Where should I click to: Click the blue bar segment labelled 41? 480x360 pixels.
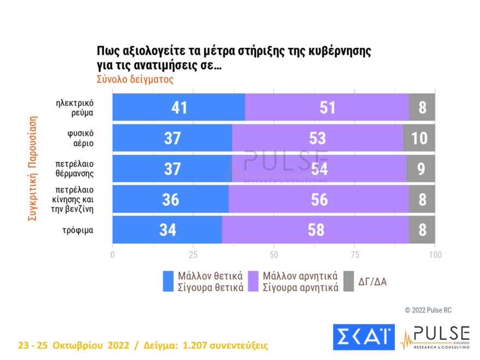(x=178, y=107)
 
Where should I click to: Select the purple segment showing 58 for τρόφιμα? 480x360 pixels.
(x=315, y=230)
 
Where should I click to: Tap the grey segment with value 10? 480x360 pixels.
(x=419, y=138)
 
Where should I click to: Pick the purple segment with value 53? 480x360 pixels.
(x=317, y=138)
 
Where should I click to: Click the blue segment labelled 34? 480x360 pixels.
(x=167, y=230)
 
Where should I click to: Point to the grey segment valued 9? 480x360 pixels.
(x=421, y=169)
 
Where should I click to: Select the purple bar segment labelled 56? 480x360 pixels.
(x=319, y=199)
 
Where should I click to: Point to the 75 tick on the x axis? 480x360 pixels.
(x=355, y=255)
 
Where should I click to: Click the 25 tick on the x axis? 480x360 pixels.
(x=193, y=255)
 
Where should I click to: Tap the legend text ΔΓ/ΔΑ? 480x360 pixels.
(x=373, y=282)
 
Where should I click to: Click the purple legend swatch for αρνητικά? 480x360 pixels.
(x=254, y=281)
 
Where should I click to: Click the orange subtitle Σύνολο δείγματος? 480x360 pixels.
(x=135, y=79)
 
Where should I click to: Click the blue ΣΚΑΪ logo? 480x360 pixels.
(x=363, y=337)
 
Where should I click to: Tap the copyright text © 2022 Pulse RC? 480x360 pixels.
(x=428, y=310)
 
